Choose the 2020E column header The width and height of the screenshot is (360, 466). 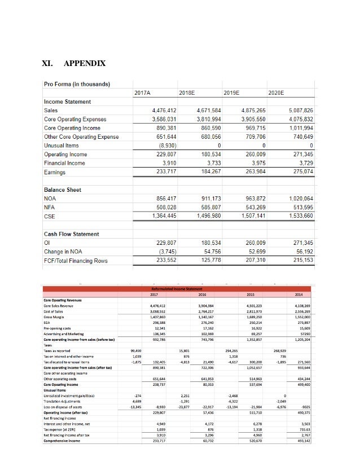pos(277,92)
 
